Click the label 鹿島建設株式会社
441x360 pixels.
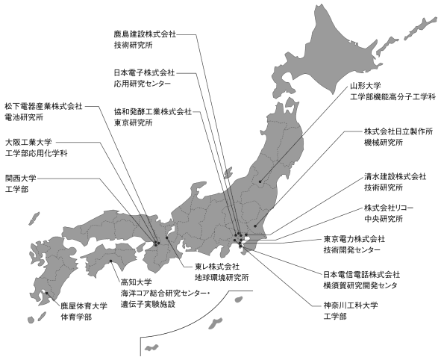(x=145, y=34)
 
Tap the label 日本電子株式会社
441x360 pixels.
(x=144, y=73)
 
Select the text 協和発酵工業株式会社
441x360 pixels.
(x=153, y=112)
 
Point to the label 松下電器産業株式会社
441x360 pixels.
(x=43, y=106)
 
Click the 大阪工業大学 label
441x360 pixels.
(x=28, y=142)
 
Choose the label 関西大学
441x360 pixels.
(x=21, y=179)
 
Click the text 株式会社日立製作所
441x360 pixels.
(x=398, y=131)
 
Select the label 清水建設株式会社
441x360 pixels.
(x=395, y=176)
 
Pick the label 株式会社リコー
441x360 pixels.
(x=389, y=208)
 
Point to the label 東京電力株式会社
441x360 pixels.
(x=354, y=239)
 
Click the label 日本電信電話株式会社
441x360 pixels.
(x=362, y=274)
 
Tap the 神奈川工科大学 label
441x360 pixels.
(x=351, y=305)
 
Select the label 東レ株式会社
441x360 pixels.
(x=217, y=266)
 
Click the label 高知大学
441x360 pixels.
(x=136, y=282)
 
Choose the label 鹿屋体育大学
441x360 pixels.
(x=84, y=306)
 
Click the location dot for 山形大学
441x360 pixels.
(x=260, y=181)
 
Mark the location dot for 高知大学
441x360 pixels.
(x=111, y=261)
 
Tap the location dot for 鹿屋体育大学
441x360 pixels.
(x=47, y=293)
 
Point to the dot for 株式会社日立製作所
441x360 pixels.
(x=255, y=226)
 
